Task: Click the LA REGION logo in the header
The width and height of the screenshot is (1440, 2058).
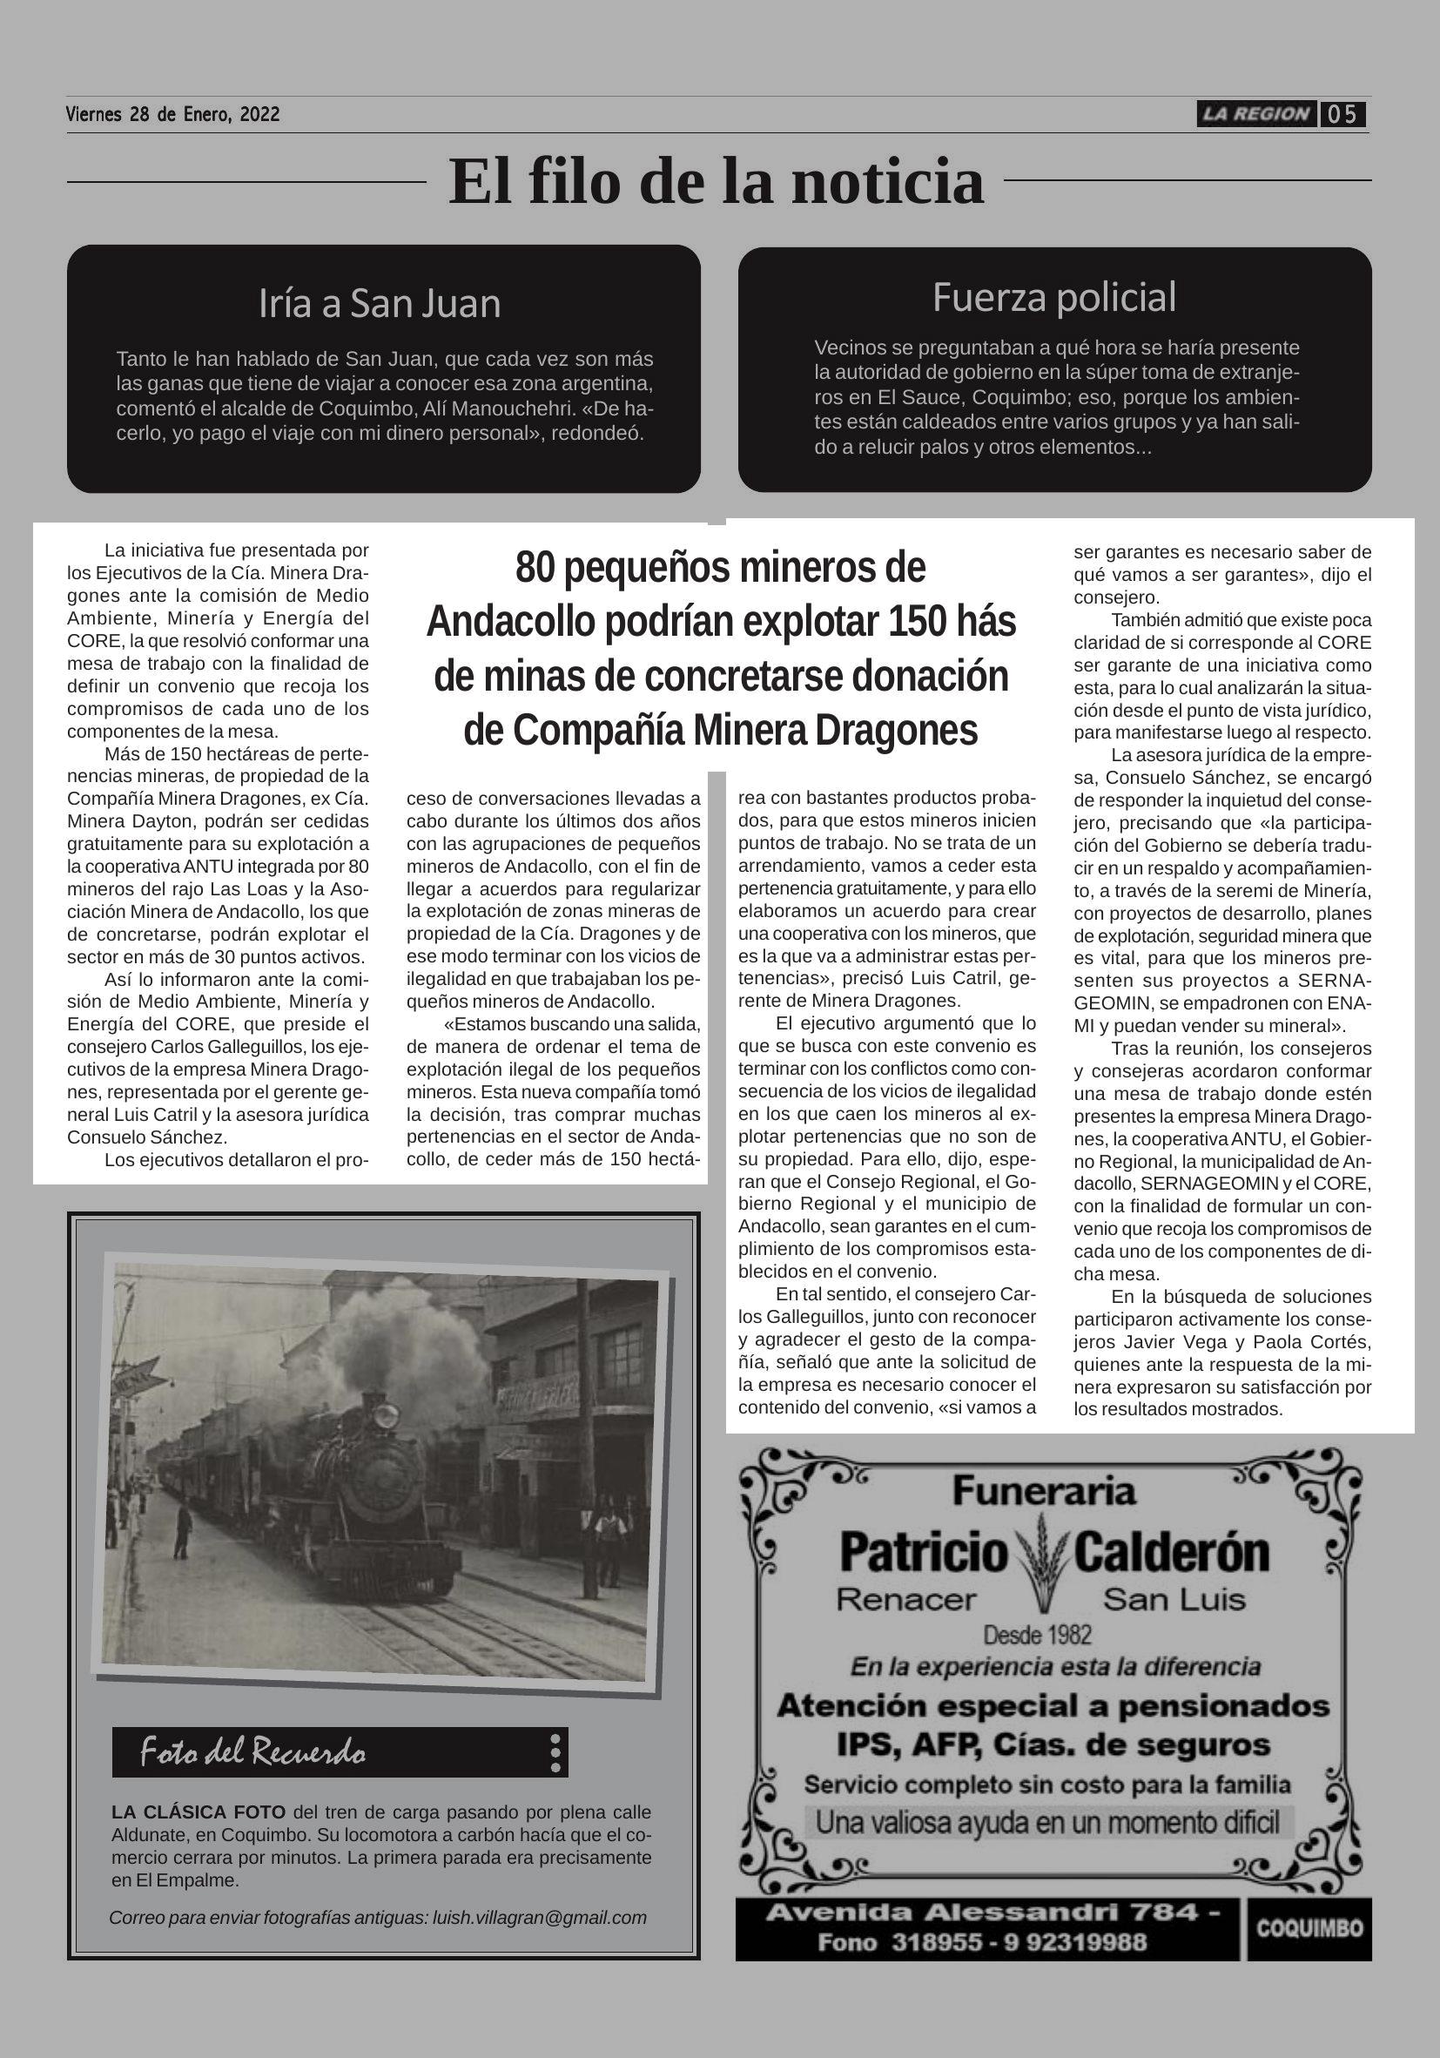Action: (1256, 114)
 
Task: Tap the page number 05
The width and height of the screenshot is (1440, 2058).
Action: (1342, 115)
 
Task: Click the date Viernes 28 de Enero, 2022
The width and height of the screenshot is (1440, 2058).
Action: (173, 115)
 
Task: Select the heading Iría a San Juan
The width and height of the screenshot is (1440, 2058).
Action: (379, 304)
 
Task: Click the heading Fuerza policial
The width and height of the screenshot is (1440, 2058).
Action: (1053, 298)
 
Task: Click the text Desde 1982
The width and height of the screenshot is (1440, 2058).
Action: (1038, 1635)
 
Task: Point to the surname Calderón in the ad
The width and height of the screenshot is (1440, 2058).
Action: (1171, 1553)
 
